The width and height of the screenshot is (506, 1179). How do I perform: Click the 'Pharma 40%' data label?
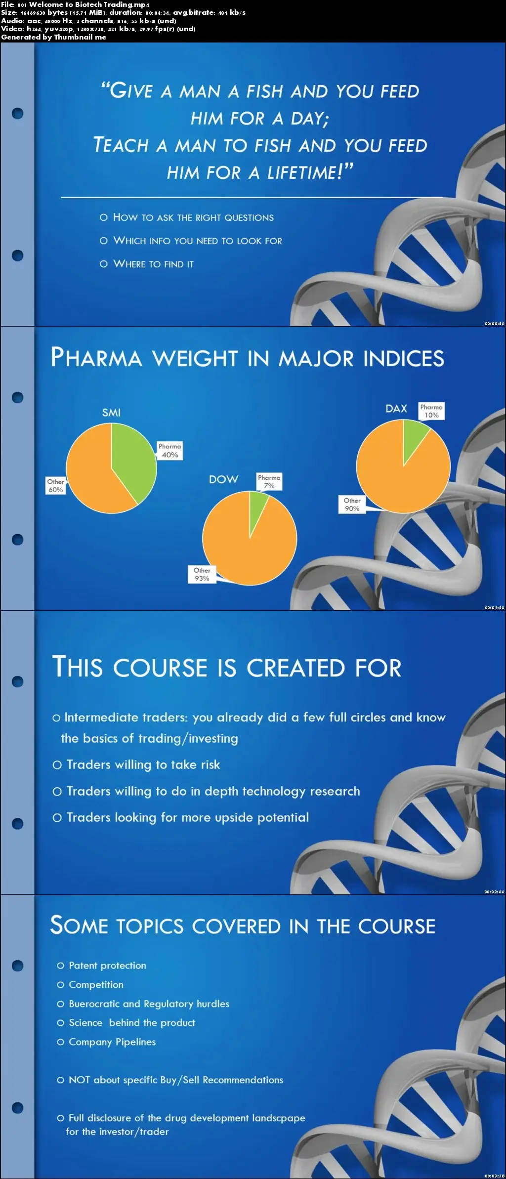(x=170, y=451)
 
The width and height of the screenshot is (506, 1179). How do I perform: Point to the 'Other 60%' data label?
(x=55, y=486)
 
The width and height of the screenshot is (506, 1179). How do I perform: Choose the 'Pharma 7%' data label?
(x=269, y=482)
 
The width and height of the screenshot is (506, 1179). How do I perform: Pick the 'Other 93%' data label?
(x=202, y=575)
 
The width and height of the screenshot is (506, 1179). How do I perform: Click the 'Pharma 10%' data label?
(x=431, y=411)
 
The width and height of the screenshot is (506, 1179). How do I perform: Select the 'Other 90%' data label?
(x=352, y=505)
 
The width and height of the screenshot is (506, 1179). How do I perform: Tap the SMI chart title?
(x=111, y=413)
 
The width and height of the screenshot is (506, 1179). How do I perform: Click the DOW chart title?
(x=223, y=479)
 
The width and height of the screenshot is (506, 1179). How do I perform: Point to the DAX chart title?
(x=396, y=409)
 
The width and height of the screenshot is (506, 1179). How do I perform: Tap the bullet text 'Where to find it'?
(x=153, y=264)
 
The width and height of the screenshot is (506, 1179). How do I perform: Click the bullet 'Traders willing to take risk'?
(x=143, y=764)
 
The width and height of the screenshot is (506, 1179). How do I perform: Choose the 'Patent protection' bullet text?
(x=107, y=966)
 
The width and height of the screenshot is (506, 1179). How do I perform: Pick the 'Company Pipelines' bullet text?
(x=112, y=1042)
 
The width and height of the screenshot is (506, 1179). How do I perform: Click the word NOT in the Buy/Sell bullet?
(x=79, y=1080)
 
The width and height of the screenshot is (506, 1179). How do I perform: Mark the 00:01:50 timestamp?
(x=494, y=608)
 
